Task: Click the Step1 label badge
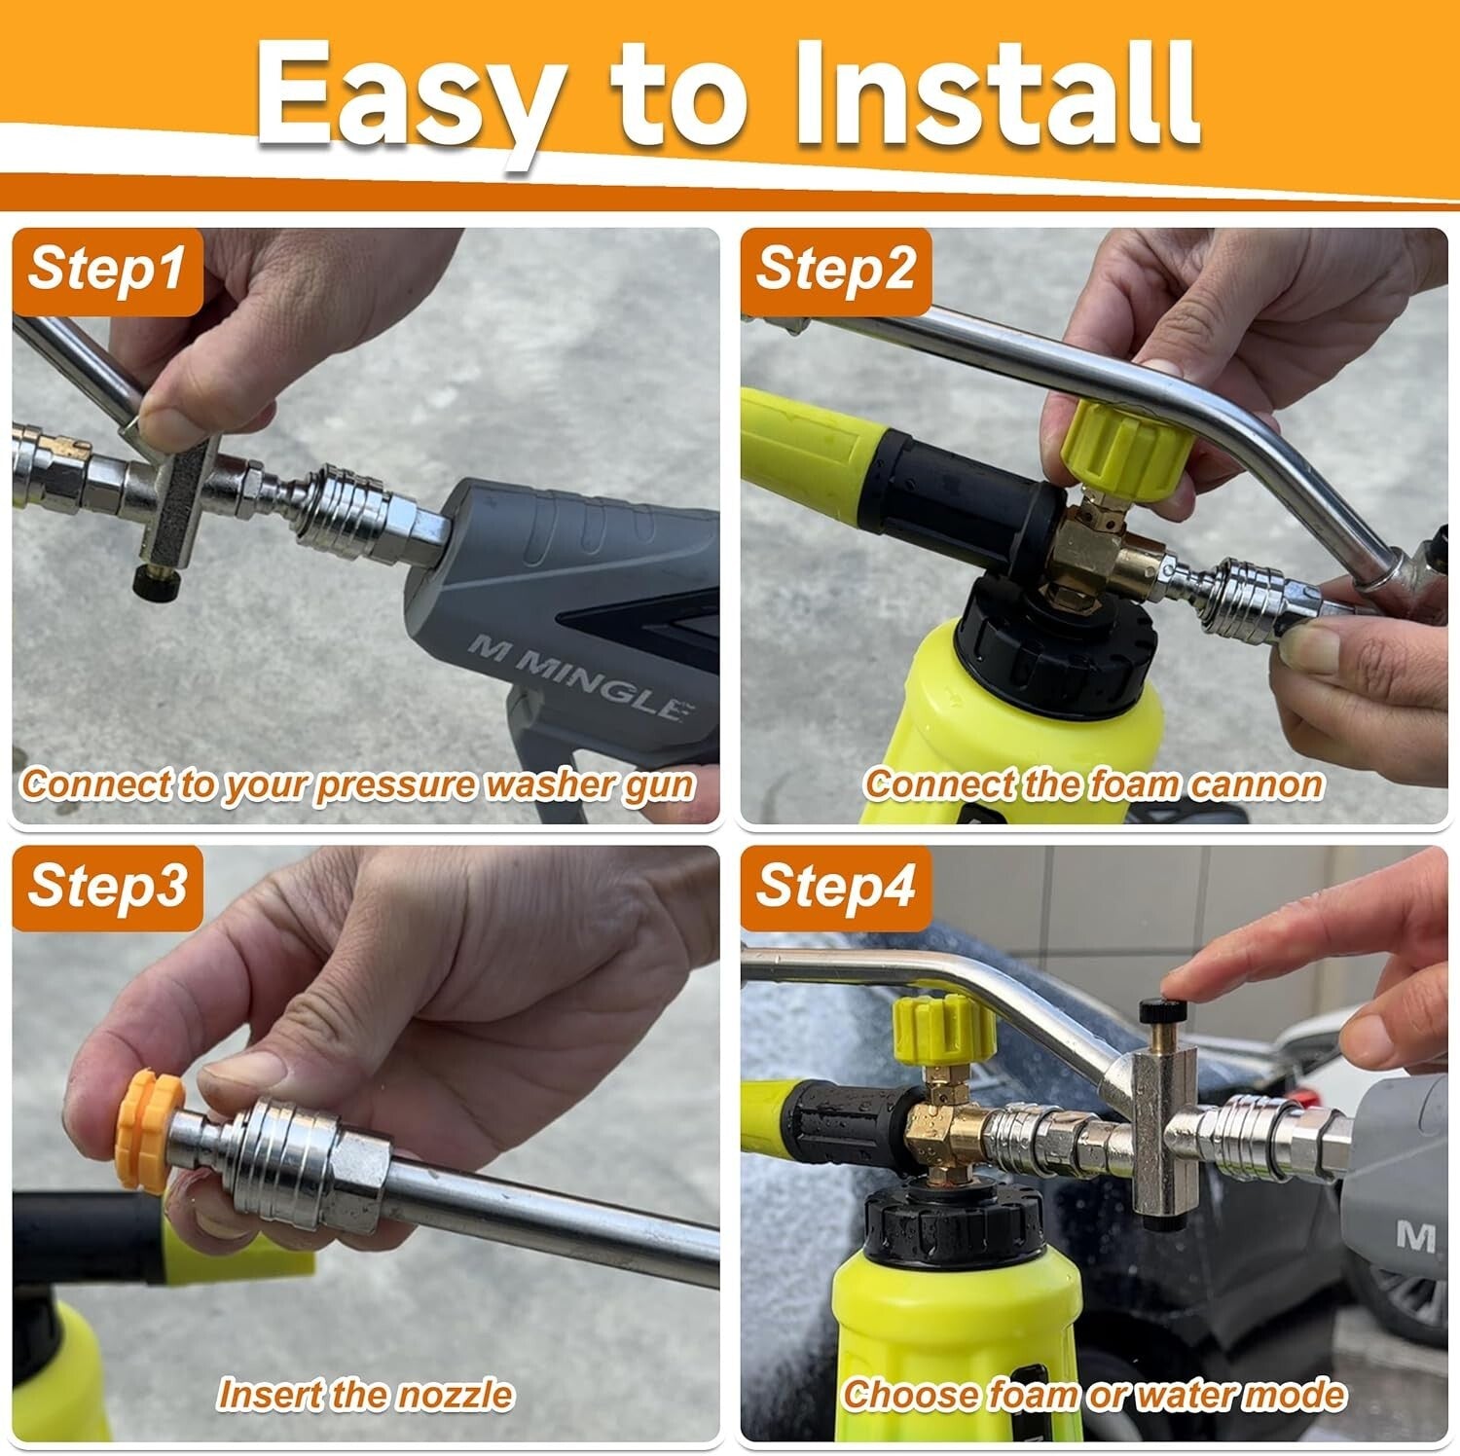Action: pos(107,270)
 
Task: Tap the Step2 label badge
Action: pos(835,270)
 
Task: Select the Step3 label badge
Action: pos(107,887)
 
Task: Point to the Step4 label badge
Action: pos(835,887)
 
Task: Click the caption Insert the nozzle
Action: pos(365,1394)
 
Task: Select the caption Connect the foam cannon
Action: pos(1093,783)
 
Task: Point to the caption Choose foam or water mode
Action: pos(1093,1394)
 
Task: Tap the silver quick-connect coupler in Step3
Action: pos(302,1163)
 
